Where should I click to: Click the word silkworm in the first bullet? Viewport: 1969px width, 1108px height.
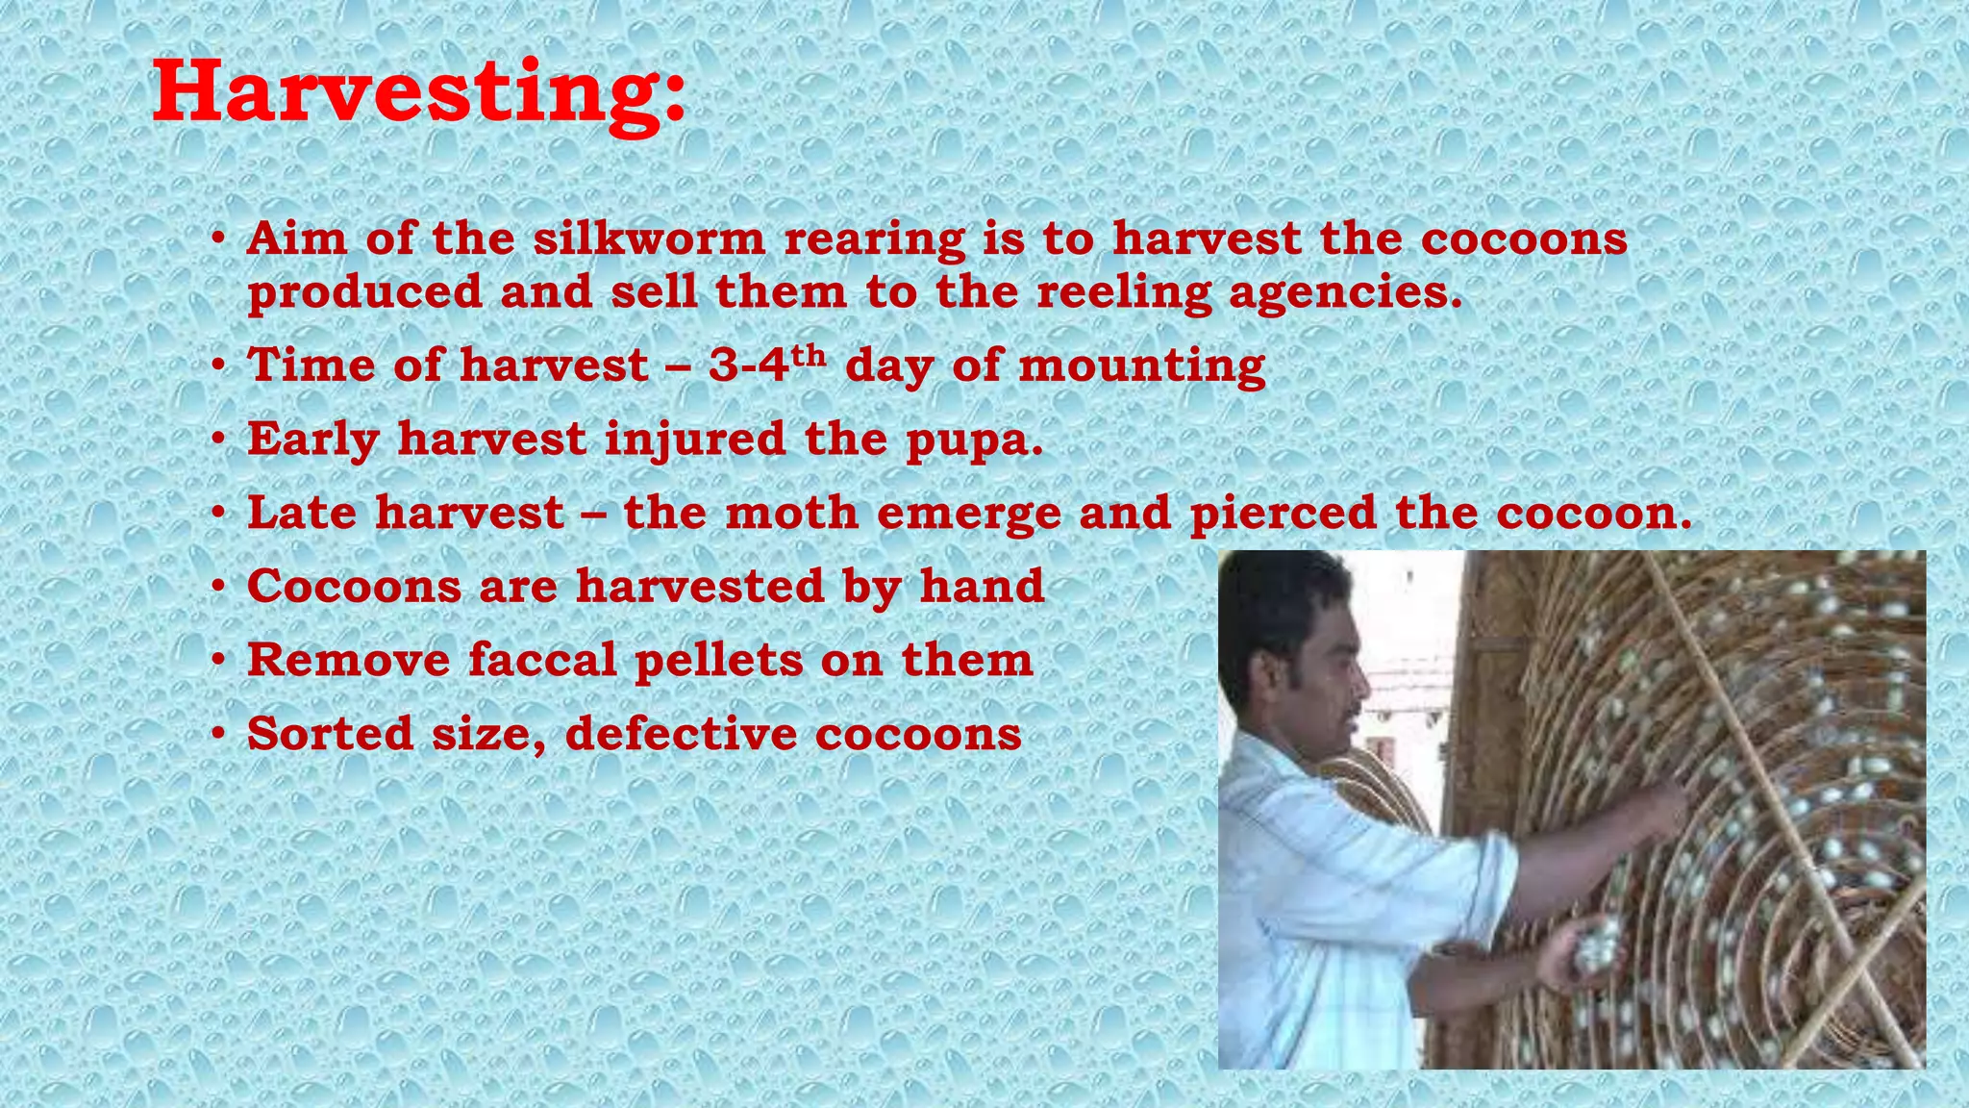(x=649, y=239)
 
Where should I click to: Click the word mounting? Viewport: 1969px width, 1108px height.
(x=1141, y=366)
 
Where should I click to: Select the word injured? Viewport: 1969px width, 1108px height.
(x=694, y=441)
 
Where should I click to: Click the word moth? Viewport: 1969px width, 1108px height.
(x=791, y=513)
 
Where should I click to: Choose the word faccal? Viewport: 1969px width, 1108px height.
(x=542, y=660)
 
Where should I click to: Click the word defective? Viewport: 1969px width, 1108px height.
(x=681, y=734)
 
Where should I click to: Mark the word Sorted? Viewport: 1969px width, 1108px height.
(x=330, y=734)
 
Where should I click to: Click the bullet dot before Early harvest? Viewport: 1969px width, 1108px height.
(x=219, y=441)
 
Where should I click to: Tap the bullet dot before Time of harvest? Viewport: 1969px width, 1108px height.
(x=219, y=366)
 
